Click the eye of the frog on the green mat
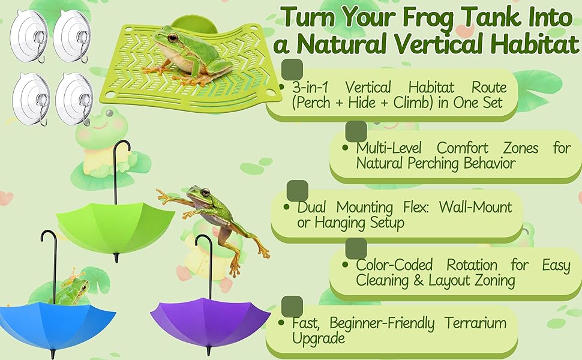click(x=173, y=37)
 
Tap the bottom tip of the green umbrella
click(x=116, y=257)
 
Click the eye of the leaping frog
click(x=205, y=192)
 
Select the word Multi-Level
click(x=389, y=148)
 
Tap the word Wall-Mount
click(x=475, y=207)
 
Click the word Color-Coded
click(x=394, y=265)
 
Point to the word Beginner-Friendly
click(x=382, y=323)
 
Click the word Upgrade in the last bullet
click(x=319, y=339)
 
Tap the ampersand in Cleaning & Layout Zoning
click(x=418, y=281)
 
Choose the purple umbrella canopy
click(x=211, y=322)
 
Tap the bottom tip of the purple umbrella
click(x=208, y=351)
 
